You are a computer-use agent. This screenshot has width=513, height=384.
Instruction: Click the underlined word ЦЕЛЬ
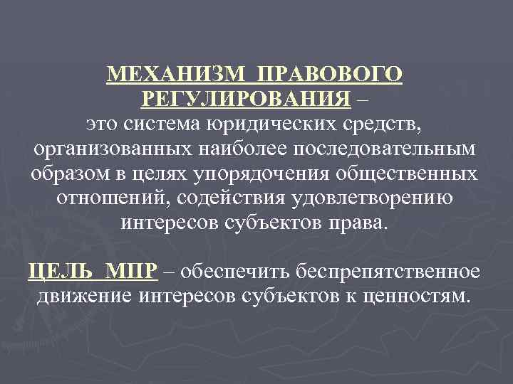(x=61, y=272)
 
